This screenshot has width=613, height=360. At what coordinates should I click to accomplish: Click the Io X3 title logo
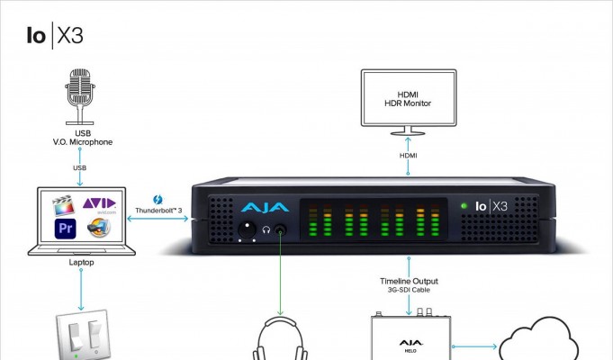tap(55, 36)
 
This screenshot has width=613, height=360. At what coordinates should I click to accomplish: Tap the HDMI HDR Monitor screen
tap(409, 98)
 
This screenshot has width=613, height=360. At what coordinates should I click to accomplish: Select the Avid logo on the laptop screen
tap(99, 204)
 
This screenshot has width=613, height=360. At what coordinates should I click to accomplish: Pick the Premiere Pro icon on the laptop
tap(66, 229)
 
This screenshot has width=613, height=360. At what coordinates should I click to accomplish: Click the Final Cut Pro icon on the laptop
tap(63, 205)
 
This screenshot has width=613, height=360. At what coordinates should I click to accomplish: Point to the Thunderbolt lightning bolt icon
tap(158, 200)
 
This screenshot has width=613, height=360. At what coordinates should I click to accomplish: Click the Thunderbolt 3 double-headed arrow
tap(158, 219)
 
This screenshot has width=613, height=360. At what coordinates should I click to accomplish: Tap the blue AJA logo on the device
tap(265, 208)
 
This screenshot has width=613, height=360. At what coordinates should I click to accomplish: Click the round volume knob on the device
tap(247, 229)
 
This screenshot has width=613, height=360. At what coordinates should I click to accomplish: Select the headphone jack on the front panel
tap(280, 230)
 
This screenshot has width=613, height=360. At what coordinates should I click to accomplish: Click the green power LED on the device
tap(464, 205)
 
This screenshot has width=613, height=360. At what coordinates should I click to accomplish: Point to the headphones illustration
tap(280, 338)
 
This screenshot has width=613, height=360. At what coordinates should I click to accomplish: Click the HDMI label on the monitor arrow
tap(408, 156)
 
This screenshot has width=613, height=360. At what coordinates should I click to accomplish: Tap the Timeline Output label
tap(409, 281)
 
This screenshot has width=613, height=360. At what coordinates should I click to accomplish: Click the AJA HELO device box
tap(410, 336)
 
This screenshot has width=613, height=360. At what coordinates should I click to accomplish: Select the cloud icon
tap(538, 339)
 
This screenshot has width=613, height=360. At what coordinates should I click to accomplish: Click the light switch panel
tap(84, 335)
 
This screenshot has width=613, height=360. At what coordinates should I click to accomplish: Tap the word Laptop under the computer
tap(81, 262)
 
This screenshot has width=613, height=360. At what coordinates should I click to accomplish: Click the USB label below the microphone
tap(80, 167)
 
